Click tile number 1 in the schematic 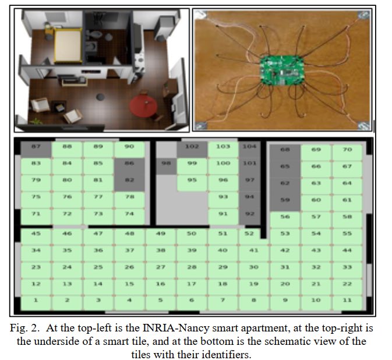pos(36,301)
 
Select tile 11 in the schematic pos(347,301)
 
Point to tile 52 pos(249,234)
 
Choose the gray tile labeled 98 pos(167,164)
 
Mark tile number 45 pos(36,234)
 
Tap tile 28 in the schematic pos(192,267)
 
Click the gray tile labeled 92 pos(250,214)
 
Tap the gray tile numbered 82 pos(129,181)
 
